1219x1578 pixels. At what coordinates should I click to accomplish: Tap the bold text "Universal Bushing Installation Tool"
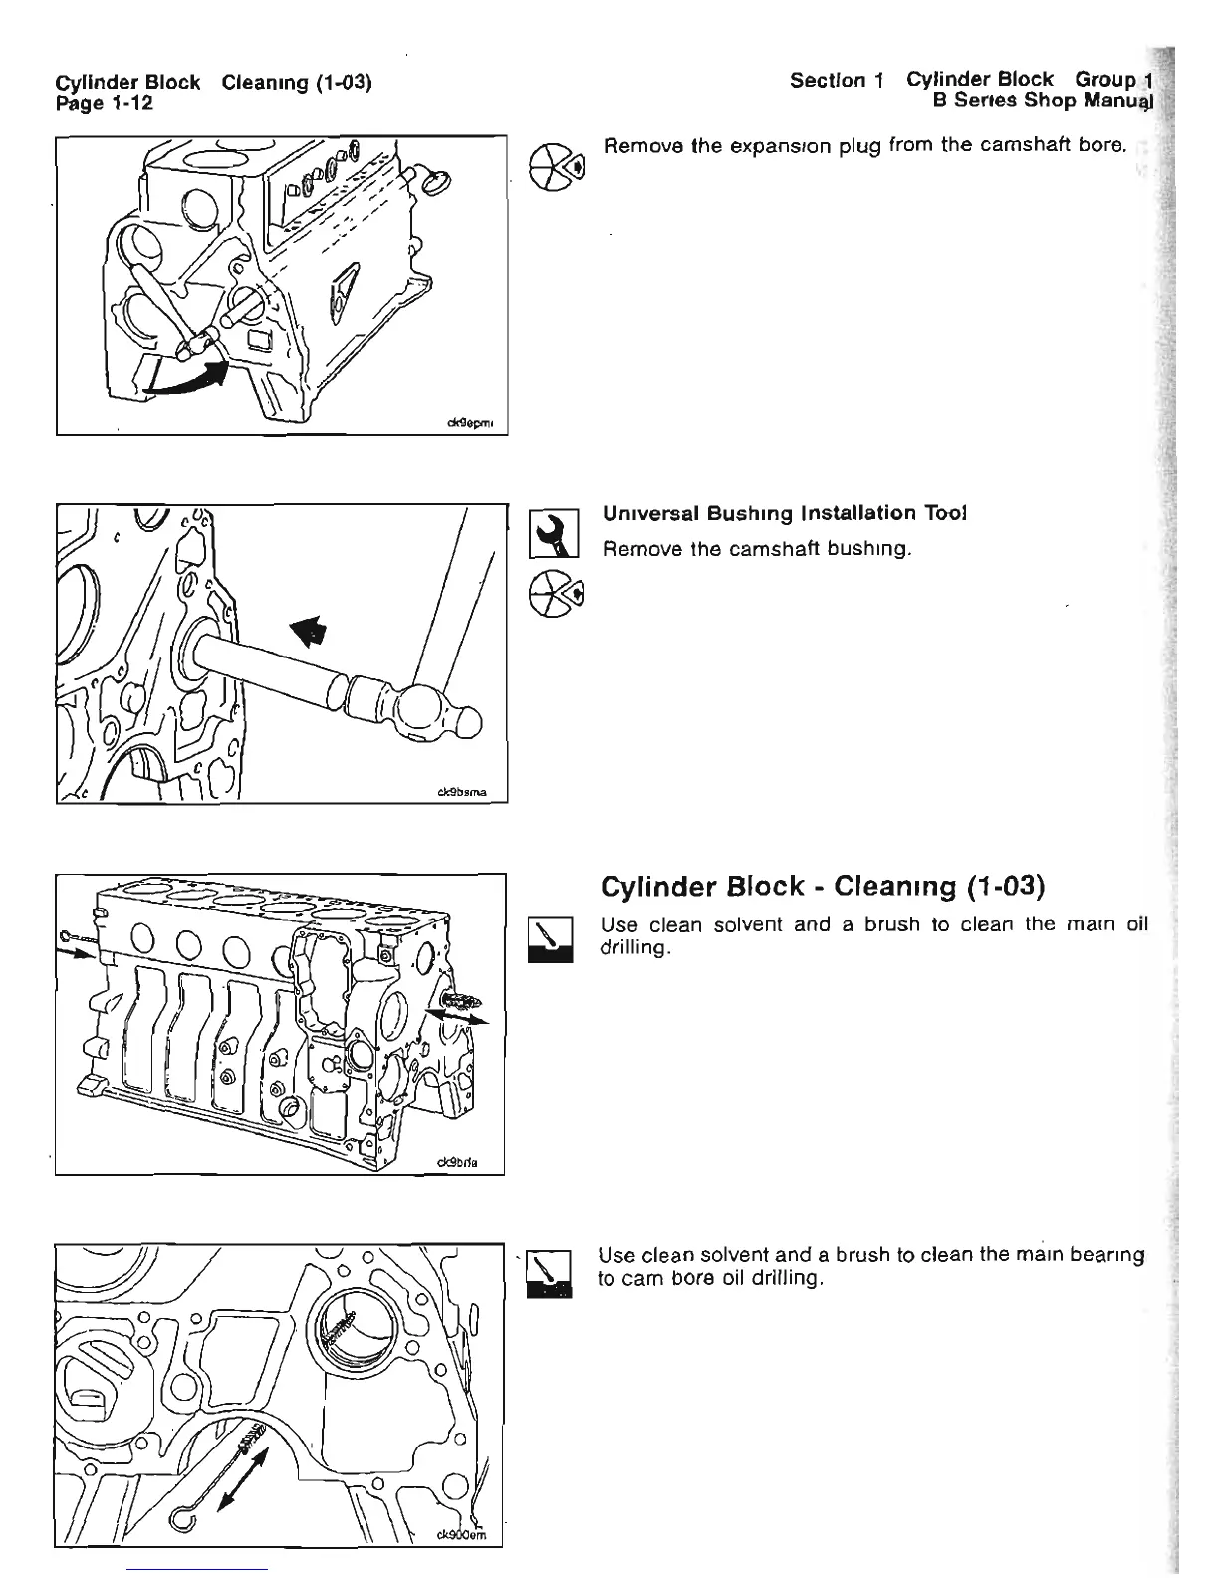785,513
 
